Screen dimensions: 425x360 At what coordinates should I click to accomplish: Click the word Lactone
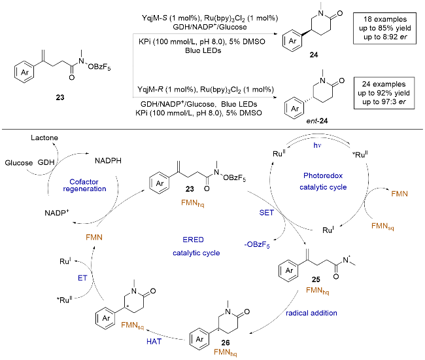point(44,138)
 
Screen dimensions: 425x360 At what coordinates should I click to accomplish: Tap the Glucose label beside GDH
point(19,163)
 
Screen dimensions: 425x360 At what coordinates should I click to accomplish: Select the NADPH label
point(108,161)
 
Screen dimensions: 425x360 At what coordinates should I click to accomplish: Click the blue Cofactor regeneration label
point(84,185)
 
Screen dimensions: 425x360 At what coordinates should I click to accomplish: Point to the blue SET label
point(266,213)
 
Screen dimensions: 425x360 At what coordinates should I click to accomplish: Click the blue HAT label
point(154,342)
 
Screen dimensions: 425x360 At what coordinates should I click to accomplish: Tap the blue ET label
point(82,278)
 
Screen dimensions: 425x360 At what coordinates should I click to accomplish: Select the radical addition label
point(311,313)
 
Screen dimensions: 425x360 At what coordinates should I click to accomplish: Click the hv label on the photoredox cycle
point(317,145)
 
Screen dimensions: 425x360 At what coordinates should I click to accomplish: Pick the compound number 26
point(225,343)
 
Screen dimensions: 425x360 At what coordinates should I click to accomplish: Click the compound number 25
point(316,279)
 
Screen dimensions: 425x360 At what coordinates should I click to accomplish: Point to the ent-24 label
point(317,120)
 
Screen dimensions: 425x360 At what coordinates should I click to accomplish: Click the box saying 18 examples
point(384,28)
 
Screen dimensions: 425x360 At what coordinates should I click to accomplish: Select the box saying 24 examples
point(384,93)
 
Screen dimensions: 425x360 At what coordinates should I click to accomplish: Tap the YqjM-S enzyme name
point(154,18)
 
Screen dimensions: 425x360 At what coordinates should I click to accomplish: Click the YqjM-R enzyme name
point(150,90)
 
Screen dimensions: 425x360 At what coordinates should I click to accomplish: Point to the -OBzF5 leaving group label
point(257,245)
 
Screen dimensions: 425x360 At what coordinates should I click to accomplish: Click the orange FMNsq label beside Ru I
point(382,226)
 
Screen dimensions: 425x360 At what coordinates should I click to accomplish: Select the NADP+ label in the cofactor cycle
point(57,213)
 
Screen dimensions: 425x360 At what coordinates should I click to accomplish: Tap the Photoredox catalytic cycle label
point(323,181)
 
